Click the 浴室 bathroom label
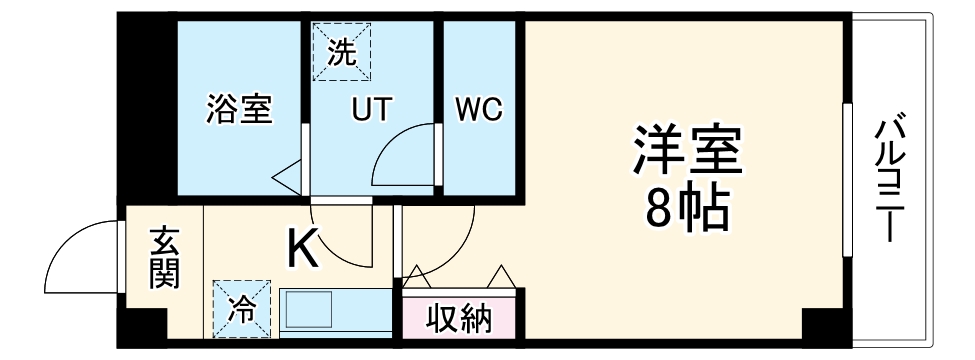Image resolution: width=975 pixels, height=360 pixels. click(239, 109)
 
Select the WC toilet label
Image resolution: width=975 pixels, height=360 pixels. click(479, 109)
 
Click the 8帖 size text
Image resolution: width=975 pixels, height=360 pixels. click(685, 207)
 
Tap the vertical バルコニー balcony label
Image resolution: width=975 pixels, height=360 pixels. click(889, 180)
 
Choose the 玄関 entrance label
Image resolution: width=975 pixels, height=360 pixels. click(164, 258)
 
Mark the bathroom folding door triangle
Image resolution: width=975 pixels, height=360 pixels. click(288, 177)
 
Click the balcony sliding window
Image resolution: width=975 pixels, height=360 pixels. click(847, 180)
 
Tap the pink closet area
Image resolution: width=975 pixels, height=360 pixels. click(461, 318)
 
